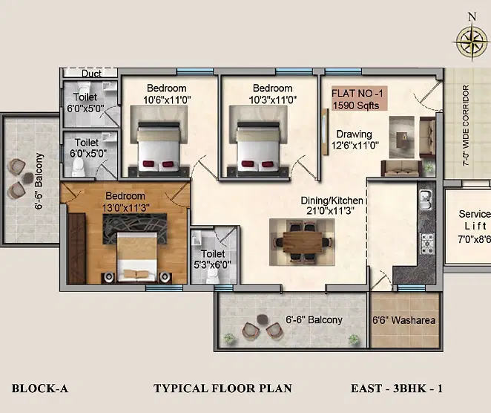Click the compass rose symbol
coord(472,41)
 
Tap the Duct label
coord(91,74)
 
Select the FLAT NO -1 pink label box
coord(359,99)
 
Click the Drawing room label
coord(355,140)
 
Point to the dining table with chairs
coord(302,242)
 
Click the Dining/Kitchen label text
coord(332,206)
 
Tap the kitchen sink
coord(425,200)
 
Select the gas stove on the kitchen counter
coord(426,243)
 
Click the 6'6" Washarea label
coord(404,320)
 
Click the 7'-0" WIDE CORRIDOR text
coord(466,125)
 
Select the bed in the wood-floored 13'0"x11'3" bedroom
coord(136,256)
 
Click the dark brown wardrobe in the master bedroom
coord(76,248)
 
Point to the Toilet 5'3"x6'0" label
coord(213,259)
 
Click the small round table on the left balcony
coord(28,178)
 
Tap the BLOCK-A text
coord(40,388)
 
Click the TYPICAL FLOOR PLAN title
coord(223,388)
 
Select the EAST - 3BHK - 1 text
coord(397,388)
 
